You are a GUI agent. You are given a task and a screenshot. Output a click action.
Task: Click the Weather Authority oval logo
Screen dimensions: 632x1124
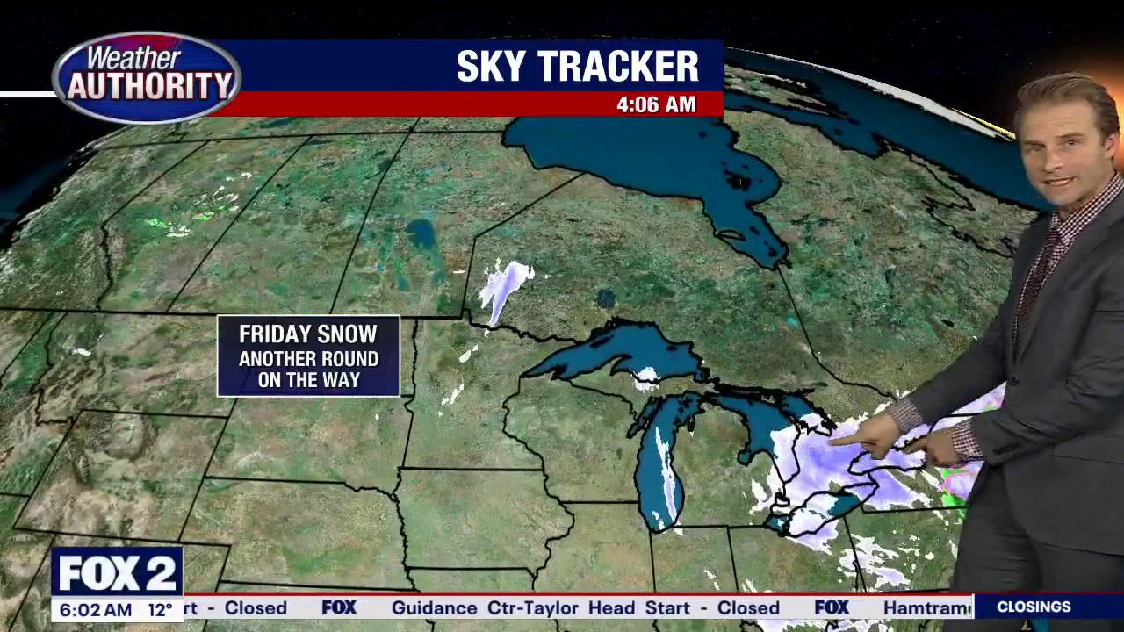coord(147,77)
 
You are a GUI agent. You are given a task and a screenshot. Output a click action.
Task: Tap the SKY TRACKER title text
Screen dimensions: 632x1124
coord(577,67)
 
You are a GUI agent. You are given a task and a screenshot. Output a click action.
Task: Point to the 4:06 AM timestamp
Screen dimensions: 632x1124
coord(656,104)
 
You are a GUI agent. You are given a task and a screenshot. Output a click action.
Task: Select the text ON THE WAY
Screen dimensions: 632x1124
coord(308,380)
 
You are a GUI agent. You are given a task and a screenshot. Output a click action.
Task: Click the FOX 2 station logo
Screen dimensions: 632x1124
coord(117,573)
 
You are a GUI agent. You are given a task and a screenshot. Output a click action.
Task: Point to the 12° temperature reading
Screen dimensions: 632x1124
coord(160,609)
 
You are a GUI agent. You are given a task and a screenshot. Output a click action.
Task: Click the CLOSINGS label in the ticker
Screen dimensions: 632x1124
coord(1034,607)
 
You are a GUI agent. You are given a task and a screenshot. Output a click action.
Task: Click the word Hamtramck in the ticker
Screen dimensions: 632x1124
coord(926,607)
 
